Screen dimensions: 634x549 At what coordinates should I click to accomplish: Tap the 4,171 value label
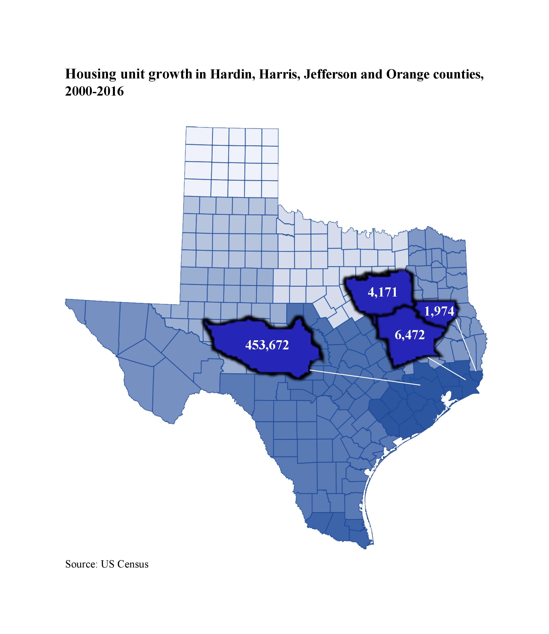(x=382, y=292)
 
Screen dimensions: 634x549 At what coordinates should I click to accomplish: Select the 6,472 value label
(x=410, y=335)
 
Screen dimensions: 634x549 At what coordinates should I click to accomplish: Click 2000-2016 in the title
(x=94, y=91)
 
